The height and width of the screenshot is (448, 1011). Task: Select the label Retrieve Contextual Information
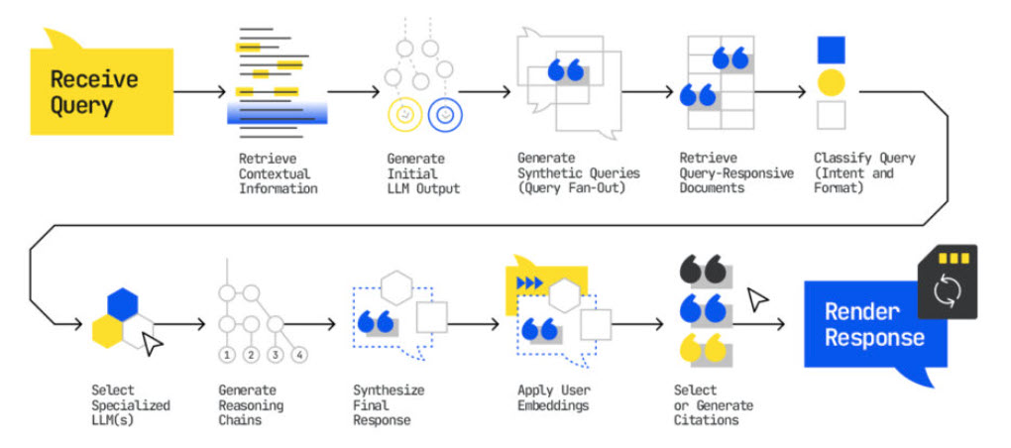(x=278, y=173)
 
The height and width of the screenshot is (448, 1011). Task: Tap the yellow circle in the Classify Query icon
(x=831, y=83)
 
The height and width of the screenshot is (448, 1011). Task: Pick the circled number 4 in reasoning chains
(x=300, y=355)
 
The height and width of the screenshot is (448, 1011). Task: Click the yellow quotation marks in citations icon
(x=704, y=348)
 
